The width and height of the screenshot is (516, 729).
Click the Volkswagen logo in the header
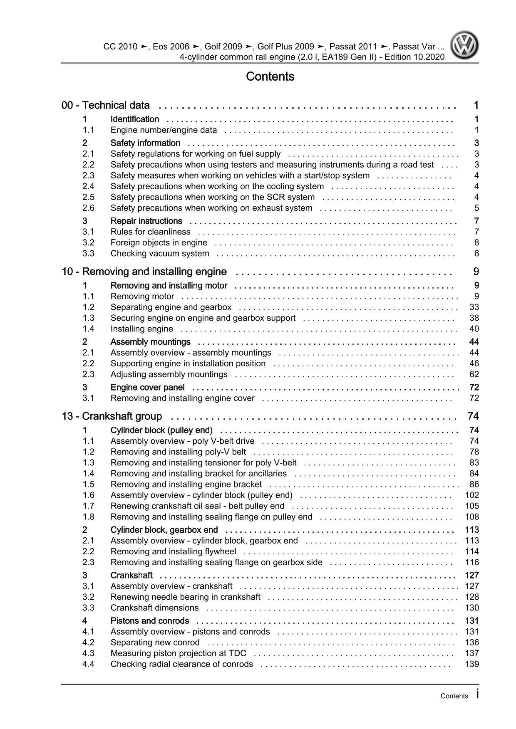[x=465, y=46]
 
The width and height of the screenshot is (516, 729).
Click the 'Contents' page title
[x=270, y=77]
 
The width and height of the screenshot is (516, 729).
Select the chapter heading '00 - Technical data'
[x=106, y=105]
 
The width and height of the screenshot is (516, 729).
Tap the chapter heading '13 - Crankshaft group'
[x=112, y=416]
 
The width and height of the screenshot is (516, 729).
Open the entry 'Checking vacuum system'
[x=160, y=253]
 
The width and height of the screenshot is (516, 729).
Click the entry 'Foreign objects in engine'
[x=159, y=242]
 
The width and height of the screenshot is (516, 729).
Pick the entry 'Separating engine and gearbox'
[x=171, y=307]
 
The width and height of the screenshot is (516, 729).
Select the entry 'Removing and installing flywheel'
[x=173, y=551]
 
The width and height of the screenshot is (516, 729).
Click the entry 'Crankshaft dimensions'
[x=155, y=608]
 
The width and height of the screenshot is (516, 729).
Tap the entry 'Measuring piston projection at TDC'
[x=179, y=653]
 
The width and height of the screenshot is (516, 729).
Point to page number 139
[x=472, y=664]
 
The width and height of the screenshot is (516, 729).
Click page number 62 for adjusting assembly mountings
[x=474, y=374]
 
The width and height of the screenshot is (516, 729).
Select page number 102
[x=472, y=495]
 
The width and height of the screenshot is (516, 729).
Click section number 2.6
[x=88, y=208]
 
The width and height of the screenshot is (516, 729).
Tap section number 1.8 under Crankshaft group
[x=88, y=516]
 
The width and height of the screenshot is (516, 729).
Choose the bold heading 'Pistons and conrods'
[x=150, y=620]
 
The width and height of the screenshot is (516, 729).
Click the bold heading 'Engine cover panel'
[x=148, y=387]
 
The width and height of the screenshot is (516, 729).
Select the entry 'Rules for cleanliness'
[x=151, y=232]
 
